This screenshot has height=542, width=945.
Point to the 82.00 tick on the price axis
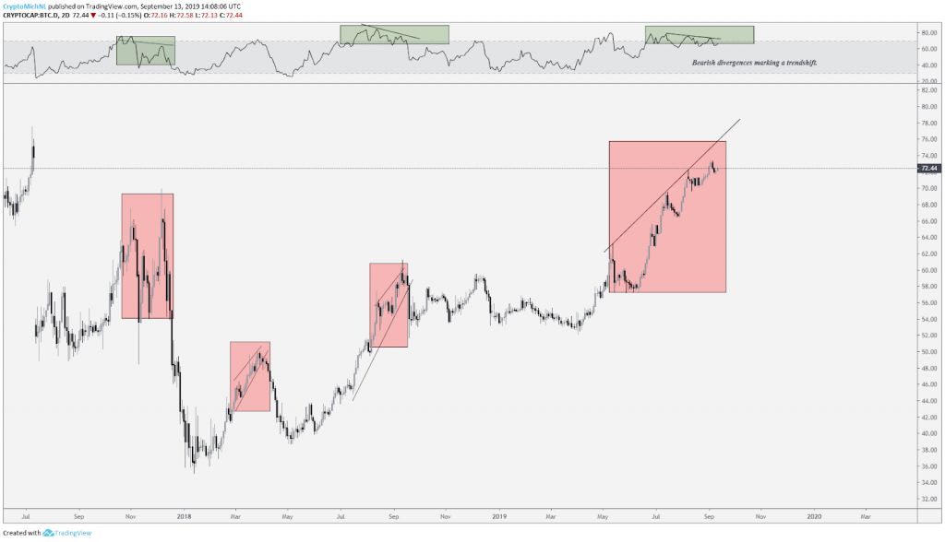(928, 89)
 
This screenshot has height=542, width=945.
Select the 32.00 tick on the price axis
(928, 499)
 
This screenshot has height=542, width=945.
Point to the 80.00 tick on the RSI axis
(928, 33)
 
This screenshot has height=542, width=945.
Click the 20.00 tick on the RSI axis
(928, 81)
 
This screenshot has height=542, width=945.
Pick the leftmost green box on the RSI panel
(145, 51)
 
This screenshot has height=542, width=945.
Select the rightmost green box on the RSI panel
(699, 35)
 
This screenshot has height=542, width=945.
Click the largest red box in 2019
(667, 217)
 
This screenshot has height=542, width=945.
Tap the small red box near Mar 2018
(250, 376)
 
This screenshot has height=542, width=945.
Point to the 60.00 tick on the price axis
(928, 270)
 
